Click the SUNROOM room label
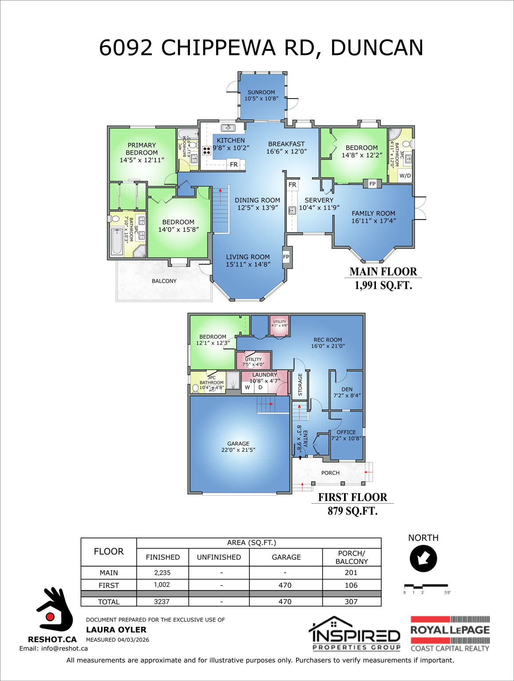[261, 95]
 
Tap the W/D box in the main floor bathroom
[405, 176]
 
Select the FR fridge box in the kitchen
[233, 164]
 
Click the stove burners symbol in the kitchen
[206, 150]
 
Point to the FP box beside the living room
[286, 257]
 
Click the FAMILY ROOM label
[373, 217]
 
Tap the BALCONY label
[164, 281]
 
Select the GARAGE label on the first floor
[238, 446]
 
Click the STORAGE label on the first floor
[300, 384]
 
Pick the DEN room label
[347, 392]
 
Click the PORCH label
[330, 473]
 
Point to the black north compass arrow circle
[423, 558]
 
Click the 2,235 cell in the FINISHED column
[162, 572]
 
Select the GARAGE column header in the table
[286, 557]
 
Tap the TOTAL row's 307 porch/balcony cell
[351, 602]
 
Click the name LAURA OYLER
[116, 630]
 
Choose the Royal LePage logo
[450, 634]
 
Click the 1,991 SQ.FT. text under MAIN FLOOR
[383, 285]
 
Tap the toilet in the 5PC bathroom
[115, 219]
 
